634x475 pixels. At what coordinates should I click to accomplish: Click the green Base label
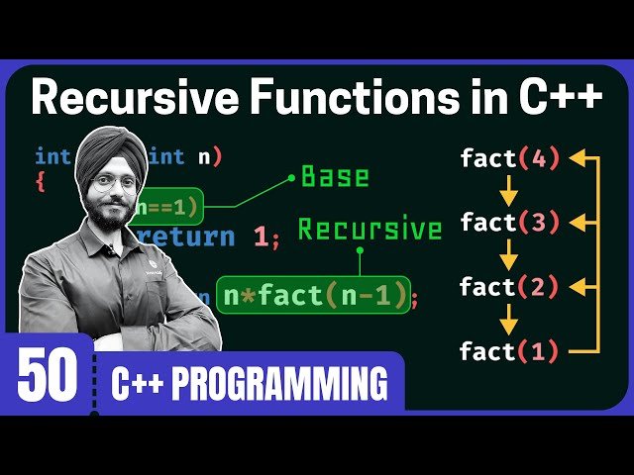(335, 177)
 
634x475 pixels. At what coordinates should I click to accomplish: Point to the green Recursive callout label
(370, 230)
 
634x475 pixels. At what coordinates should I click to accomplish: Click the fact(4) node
(509, 157)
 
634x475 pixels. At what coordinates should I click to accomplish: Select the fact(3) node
(509, 222)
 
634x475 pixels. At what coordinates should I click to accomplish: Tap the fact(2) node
(509, 287)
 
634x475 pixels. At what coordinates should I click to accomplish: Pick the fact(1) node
(509, 351)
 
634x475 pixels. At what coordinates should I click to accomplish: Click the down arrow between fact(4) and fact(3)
(509, 189)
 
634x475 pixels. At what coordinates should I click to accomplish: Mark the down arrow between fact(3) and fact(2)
(509, 254)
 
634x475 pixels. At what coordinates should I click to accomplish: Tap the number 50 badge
(47, 378)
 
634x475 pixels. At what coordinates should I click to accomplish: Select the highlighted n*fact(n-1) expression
(312, 295)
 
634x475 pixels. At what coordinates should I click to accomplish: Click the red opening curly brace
(41, 182)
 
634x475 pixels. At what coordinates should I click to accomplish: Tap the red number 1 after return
(261, 237)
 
